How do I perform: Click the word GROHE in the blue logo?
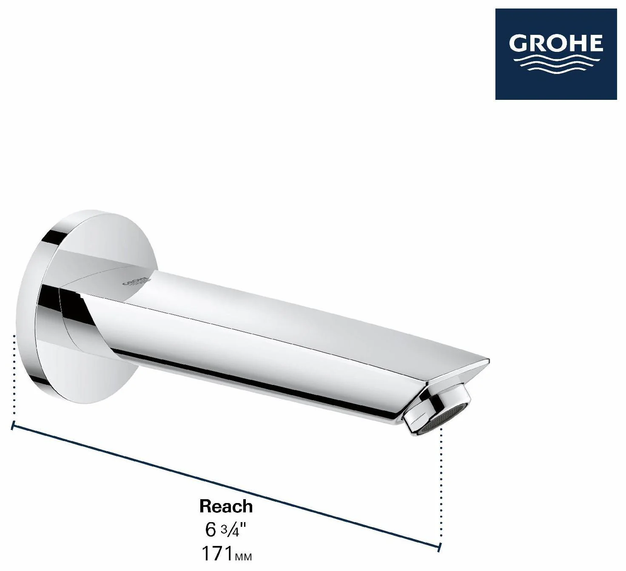pyautogui.click(x=556, y=44)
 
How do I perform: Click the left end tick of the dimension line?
pyautogui.click(x=12, y=425)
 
